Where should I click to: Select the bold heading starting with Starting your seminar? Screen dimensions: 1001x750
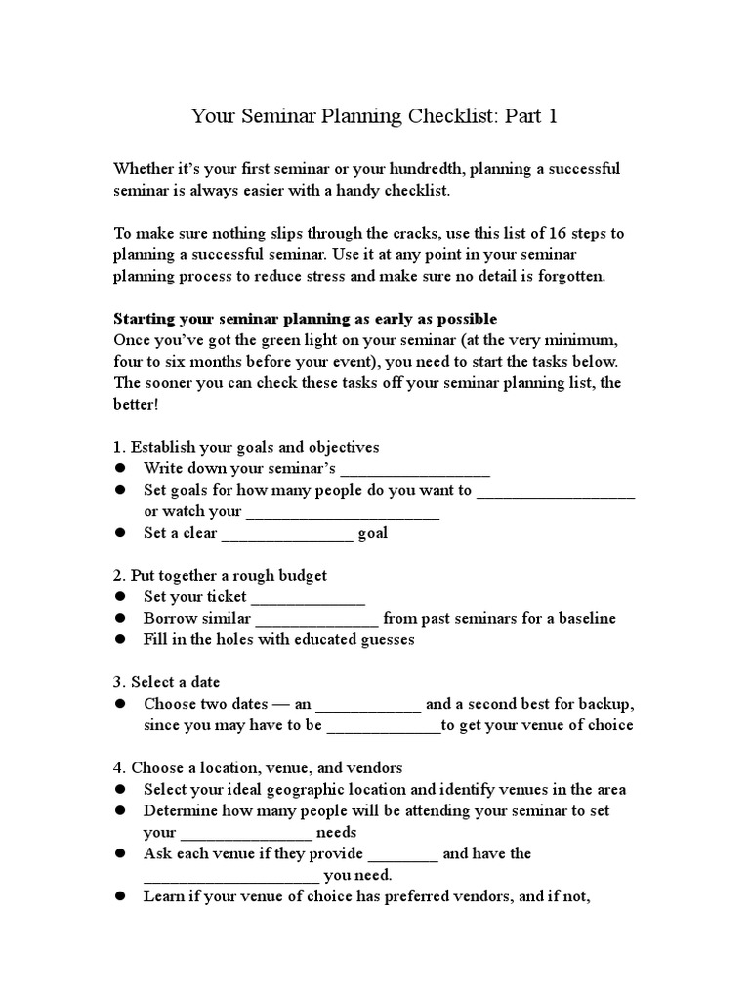(x=306, y=319)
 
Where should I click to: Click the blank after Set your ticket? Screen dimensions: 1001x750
(x=309, y=597)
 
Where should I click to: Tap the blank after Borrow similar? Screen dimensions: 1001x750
(x=317, y=619)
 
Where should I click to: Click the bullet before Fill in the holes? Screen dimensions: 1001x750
(x=121, y=640)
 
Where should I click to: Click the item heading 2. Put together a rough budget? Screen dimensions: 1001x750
(x=221, y=575)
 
